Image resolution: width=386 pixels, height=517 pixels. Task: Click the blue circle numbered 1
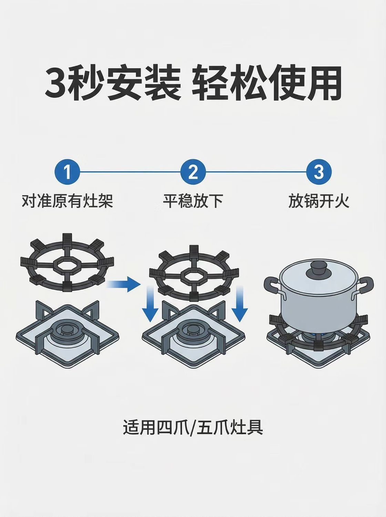pos(67,172)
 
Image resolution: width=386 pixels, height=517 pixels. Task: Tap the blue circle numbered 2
pos(193,172)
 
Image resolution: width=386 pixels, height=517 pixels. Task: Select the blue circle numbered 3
pos(319,172)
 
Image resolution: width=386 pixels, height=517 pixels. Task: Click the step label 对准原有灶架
pos(67,201)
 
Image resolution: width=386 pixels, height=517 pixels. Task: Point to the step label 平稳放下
pos(193,201)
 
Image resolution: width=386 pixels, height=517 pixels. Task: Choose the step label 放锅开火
pos(319,201)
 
